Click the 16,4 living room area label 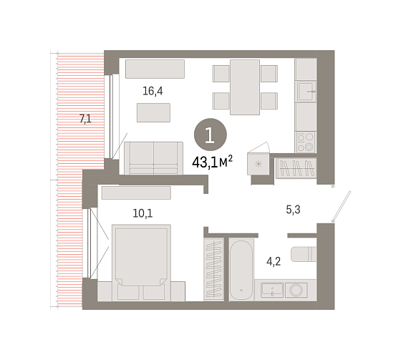coord(153,91)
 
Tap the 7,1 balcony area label coord(85,119)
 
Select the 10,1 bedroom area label coord(142,213)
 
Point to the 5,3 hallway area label coord(293,210)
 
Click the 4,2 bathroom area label coord(274,261)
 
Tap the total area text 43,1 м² coord(212,162)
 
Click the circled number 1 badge coord(211,135)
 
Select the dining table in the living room coord(245,87)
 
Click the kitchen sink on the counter coord(306,92)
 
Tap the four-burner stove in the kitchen coord(306,142)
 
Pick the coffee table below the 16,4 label coord(153,112)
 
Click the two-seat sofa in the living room coord(153,158)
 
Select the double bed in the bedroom coord(141,263)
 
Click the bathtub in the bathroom coord(241,270)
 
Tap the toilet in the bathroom coord(304,254)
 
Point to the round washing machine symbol coord(296,290)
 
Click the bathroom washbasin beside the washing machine coord(272,290)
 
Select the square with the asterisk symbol coord(259,164)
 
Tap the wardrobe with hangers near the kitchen coord(296,168)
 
